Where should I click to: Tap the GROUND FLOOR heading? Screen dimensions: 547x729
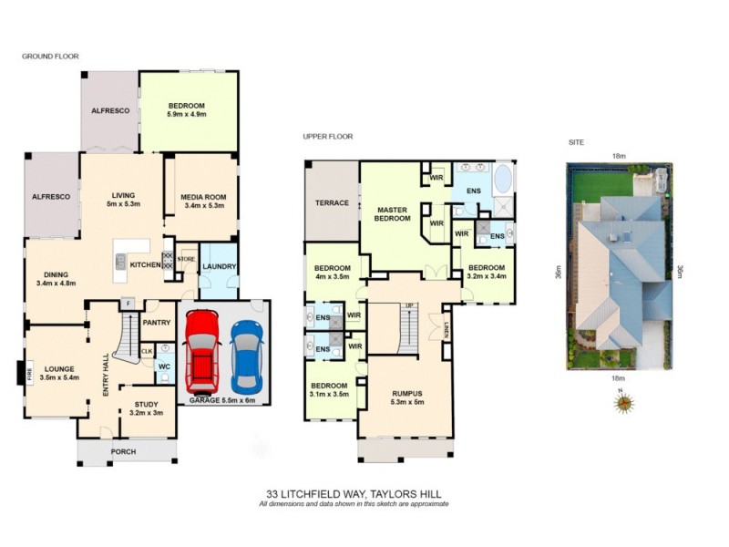[50, 57]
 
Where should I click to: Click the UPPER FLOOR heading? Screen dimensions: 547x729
[327, 137]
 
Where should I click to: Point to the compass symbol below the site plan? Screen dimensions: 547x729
[622, 402]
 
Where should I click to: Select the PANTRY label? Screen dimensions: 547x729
[158, 322]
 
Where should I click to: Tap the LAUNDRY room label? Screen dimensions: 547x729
[220, 266]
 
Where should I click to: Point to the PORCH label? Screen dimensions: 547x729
[123, 451]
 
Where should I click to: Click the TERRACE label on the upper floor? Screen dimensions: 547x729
[332, 202]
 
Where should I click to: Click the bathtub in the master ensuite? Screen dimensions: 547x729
[502, 178]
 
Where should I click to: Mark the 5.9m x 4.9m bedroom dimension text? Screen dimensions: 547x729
[188, 114]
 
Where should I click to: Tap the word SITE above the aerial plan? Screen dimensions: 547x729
[575, 143]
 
